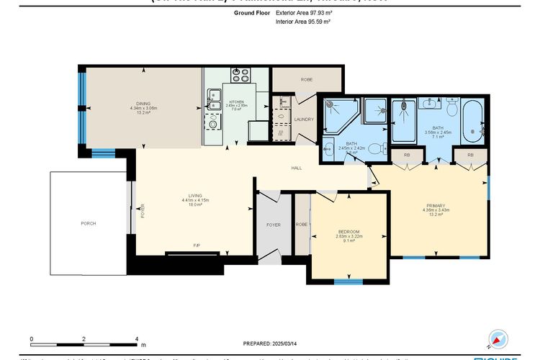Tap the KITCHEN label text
coord(237,102)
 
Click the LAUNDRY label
coord(304,119)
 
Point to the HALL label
coord(296,168)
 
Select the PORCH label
coord(89,223)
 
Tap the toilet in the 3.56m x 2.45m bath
coord(452,108)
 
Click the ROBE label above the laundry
coord(306,79)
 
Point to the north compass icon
coord(496,339)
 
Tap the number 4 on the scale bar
coord(136,338)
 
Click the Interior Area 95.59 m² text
coord(302,22)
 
